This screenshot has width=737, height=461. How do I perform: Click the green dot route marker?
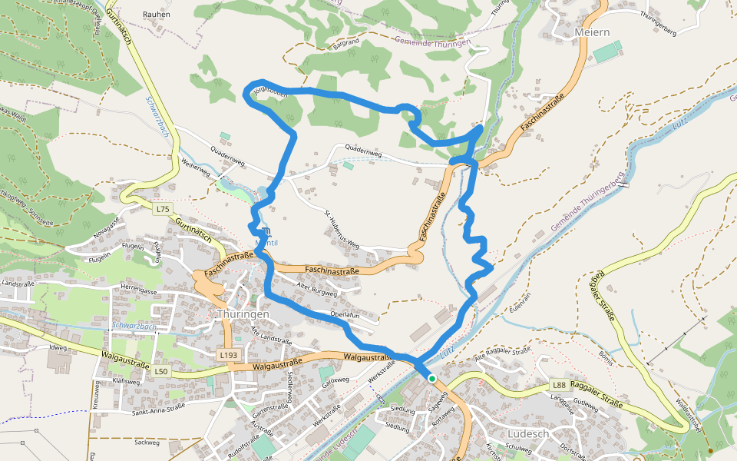pyautogui.click(x=432, y=379)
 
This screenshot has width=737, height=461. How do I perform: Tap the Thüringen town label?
pyautogui.click(x=243, y=315)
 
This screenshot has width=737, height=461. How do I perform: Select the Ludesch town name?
pyautogui.click(x=528, y=433)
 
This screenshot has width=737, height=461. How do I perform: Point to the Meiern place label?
pyautogui.click(x=592, y=32)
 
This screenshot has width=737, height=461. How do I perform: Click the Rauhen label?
pyautogui.click(x=157, y=15)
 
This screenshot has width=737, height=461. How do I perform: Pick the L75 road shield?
pyautogui.click(x=162, y=209)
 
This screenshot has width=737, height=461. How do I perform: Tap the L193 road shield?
pyautogui.click(x=228, y=355)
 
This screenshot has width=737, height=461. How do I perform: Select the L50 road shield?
pyautogui.click(x=160, y=372)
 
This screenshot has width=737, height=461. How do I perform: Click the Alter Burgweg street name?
pyautogui.click(x=317, y=289)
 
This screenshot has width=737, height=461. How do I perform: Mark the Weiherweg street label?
pyautogui.click(x=196, y=167)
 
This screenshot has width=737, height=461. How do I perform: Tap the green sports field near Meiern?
pyautogui.click(x=607, y=53)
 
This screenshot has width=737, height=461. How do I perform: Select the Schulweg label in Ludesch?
pyautogui.click(x=520, y=447)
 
